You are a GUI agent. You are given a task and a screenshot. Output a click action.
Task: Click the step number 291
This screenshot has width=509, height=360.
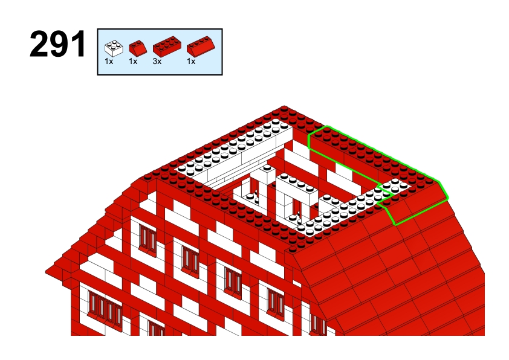(x=58, y=43)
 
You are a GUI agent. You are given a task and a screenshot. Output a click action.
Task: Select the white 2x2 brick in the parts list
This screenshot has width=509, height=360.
(x=114, y=48)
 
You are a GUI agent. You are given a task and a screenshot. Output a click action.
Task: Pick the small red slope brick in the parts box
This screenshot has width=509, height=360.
(x=138, y=48)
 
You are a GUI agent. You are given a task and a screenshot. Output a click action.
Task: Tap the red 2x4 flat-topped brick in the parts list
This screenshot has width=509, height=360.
(x=167, y=47)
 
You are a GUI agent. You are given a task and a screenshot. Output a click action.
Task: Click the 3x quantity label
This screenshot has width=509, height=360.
(x=157, y=61)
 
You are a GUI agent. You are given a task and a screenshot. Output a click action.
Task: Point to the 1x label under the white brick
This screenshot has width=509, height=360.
(x=109, y=61)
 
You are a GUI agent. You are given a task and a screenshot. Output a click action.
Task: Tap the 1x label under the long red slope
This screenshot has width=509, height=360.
(x=191, y=61)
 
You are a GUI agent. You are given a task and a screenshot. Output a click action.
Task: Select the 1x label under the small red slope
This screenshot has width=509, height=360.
(x=133, y=61)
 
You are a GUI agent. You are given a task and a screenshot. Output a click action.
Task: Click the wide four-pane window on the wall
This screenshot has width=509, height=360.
(x=105, y=308)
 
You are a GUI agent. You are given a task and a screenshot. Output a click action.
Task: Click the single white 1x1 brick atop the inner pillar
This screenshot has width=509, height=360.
(x=267, y=174)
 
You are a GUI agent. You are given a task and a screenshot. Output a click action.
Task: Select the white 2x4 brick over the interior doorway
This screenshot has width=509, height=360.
(x=296, y=188)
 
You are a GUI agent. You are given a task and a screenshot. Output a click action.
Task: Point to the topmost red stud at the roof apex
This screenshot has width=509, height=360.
(x=284, y=108)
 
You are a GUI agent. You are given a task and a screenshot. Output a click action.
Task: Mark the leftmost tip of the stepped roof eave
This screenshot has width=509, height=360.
(x=46, y=271)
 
